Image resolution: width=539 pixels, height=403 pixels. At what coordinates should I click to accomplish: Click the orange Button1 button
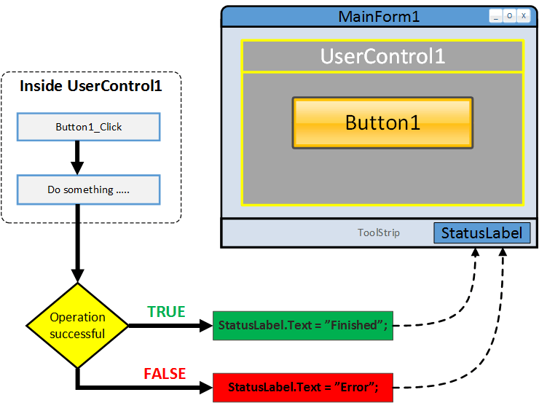(x=382, y=122)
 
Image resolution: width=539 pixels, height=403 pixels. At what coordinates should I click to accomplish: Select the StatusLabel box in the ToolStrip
(x=481, y=233)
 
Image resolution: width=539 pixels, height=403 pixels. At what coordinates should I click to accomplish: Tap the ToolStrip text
(x=378, y=233)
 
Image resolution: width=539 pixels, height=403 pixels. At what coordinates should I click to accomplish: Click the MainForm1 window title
(x=379, y=17)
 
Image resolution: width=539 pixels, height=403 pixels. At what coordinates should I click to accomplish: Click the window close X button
(x=524, y=15)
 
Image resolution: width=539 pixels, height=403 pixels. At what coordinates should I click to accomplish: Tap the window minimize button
(x=496, y=15)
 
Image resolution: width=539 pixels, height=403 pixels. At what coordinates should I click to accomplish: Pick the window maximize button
(x=510, y=15)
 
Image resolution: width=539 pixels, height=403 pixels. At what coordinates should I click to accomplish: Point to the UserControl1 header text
(x=382, y=56)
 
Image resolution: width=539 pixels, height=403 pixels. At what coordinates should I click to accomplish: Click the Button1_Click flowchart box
(x=88, y=127)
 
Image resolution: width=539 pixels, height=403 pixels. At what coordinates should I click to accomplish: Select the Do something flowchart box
(x=88, y=189)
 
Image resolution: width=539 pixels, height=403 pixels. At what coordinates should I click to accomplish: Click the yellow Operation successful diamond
(x=77, y=326)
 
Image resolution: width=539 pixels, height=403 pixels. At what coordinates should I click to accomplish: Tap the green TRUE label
(x=166, y=312)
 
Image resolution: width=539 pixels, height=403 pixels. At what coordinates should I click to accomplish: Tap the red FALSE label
(x=165, y=374)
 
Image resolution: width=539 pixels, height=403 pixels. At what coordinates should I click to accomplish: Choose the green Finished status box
(x=302, y=326)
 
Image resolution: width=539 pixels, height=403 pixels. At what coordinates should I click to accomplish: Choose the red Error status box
(x=302, y=387)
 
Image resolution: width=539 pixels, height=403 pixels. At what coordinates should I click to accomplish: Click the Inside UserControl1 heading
(x=90, y=86)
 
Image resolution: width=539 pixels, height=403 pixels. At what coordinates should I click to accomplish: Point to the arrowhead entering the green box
(x=205, y=326)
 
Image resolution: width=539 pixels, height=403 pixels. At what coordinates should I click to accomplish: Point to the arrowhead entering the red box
(x=205, y=387)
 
